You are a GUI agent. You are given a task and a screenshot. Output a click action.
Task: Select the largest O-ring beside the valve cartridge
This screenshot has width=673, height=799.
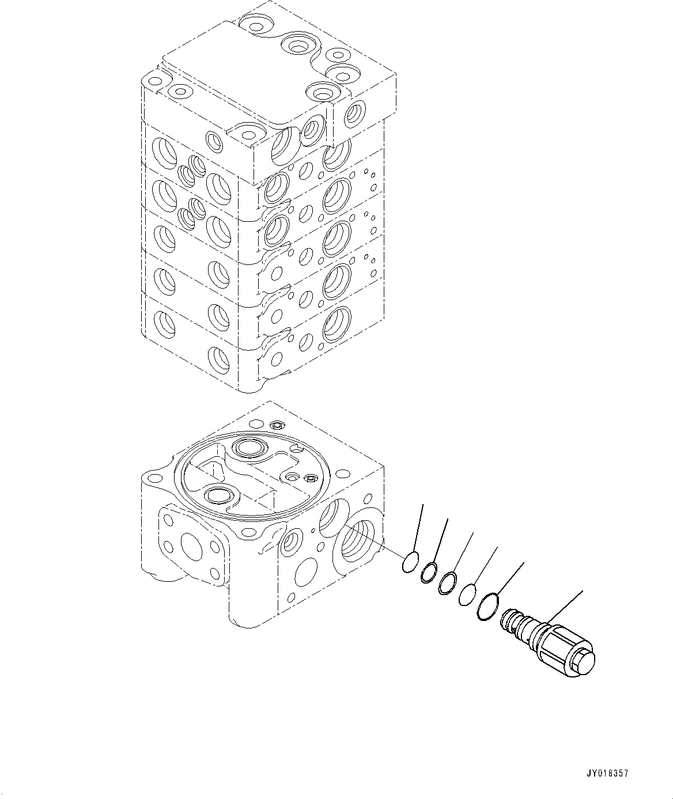click(486, 607)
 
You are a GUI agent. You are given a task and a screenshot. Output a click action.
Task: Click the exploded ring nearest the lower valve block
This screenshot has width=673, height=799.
click(409, 563)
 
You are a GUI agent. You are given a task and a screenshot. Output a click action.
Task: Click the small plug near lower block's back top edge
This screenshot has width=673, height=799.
click(277, 425)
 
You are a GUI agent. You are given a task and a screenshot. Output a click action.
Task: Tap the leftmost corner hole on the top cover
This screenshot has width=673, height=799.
click(154, 82)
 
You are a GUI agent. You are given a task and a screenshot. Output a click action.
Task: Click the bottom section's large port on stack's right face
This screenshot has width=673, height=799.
click(337, 324)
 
